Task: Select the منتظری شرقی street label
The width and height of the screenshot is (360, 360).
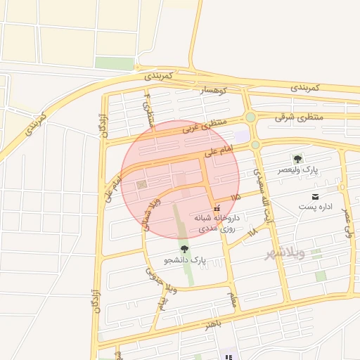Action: (x=298, y=117)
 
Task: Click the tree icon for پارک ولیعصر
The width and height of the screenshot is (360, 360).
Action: (x=297, y=160)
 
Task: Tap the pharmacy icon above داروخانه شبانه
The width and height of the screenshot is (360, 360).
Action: (x=216, y=207)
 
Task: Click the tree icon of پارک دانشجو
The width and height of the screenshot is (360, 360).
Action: (x=185, y=249)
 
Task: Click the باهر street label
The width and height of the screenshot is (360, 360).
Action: (x=214, y=324)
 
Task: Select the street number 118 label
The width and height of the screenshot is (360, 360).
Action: (x=252, y=231)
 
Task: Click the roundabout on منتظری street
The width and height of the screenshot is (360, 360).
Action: (x=250, y=117)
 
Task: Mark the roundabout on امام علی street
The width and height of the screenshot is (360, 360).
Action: (x=255, y=145)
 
